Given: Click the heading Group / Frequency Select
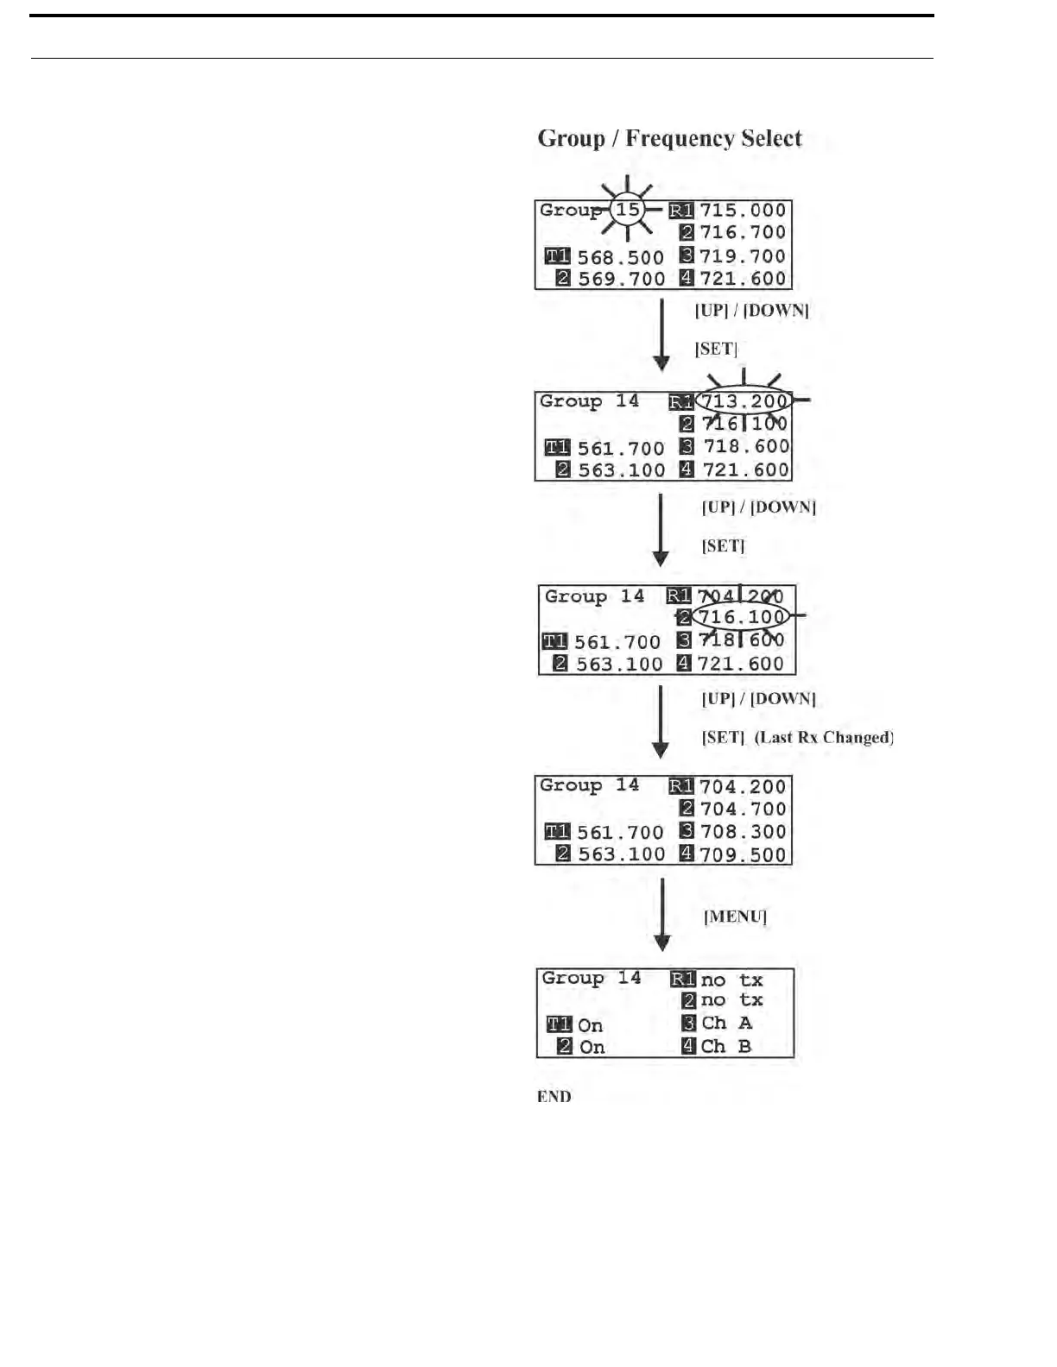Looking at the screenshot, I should tap(669, 139).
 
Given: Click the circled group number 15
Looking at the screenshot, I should tap(628, 210).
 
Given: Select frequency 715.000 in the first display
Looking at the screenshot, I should tap(743, 211).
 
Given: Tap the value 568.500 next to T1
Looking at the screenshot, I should tap(620, 257).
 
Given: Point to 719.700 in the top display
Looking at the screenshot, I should tap(743, 256).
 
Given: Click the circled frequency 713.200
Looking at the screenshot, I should tap(744, 401).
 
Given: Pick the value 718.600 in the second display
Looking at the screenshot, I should tap(746, 446).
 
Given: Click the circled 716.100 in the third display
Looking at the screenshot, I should tap(741, 617).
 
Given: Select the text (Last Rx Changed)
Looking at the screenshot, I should tap(824, 738).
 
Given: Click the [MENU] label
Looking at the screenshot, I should tap(735, 917).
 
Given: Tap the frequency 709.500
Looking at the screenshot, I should tap(743, 855).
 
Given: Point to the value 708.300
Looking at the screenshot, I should tap(743, 832).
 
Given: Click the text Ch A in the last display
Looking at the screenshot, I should tap(726, 1024).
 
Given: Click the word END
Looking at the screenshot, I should tap(554, 1097).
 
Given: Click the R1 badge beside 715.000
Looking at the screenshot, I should tap(681, 211).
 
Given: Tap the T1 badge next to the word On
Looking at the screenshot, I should tap(559, 1024).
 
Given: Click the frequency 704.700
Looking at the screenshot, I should tap(743, 809).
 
